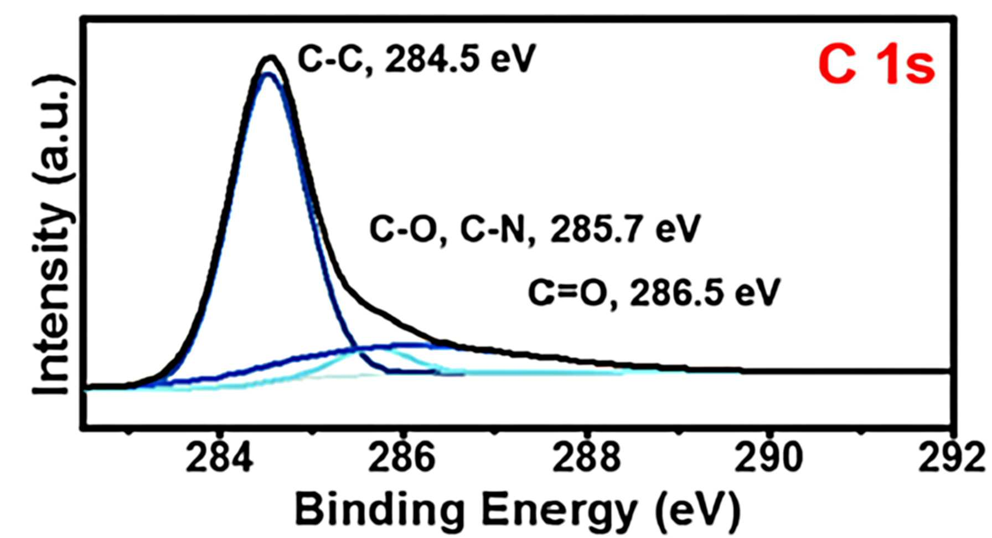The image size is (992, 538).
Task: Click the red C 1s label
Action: pos(877,65)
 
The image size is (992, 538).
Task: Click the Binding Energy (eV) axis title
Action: pos(517,510)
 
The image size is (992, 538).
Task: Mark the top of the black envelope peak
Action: pos(270,57)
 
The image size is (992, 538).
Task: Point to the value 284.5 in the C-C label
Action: pos(432,59)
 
